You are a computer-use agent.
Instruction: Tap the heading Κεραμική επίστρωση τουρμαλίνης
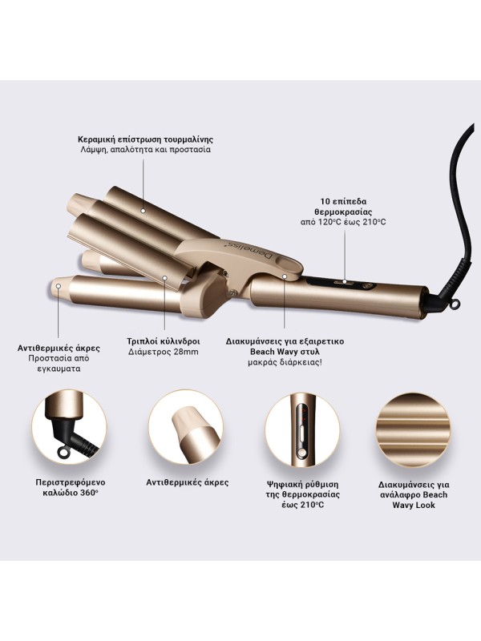(x=146, y=139)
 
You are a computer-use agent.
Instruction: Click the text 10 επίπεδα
(x=344, y=202)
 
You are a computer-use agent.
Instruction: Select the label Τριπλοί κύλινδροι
(x=164, y=341)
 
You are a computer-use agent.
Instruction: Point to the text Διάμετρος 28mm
(x=164, y=352)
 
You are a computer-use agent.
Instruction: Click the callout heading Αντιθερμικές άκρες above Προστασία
(x=59, y=349)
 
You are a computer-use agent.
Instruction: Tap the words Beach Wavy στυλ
(x=285, y=352)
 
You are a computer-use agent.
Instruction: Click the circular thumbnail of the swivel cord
(x=69, y=426)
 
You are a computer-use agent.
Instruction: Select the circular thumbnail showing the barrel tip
(x=185, y=426)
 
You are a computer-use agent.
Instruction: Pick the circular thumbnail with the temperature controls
(x=302, y=426)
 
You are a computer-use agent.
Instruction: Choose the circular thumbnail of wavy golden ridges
(x=414, y=426)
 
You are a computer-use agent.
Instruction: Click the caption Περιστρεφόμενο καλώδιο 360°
(x=71, y=488)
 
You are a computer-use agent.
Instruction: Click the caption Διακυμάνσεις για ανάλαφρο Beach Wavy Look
(x=414, y=494)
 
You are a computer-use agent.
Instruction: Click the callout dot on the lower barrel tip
(x=59, y=285)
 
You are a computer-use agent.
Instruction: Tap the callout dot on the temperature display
(x=346, y=281)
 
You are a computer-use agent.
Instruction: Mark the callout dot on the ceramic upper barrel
(x=143, y=211)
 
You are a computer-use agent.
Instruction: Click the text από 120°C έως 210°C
(x=344, y=222)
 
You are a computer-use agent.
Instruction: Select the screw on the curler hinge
(x=233, y=292)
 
